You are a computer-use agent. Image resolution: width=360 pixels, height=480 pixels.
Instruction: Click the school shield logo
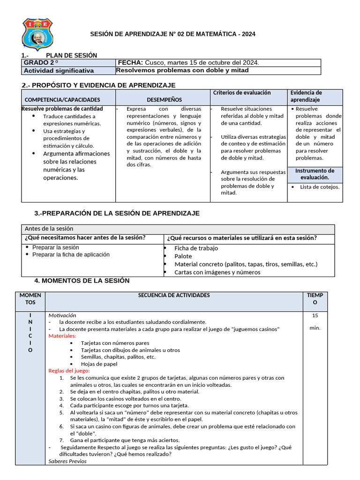click(37, 34)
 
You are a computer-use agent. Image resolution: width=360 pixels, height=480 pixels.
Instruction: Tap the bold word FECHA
click(130, 63)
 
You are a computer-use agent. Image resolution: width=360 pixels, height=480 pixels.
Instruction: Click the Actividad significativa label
click(59, 71)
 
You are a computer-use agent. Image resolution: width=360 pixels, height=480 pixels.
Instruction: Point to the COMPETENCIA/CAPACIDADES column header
click(62, 100)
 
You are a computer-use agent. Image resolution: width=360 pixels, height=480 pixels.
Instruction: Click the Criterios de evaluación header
click(242, 93)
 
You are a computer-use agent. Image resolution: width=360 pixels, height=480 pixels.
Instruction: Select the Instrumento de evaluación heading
click(315, 174)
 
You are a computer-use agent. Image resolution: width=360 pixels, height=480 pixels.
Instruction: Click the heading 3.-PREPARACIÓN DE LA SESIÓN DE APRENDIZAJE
click(117, 213)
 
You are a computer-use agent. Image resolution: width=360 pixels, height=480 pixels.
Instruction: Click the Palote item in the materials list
click(183, 256)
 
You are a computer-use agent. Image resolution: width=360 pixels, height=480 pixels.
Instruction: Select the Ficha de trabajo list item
click(196, 248)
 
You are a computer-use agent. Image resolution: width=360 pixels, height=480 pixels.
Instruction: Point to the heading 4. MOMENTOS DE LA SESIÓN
click(82, 281)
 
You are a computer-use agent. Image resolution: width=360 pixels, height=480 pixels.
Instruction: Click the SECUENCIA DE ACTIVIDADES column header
click(174, 295)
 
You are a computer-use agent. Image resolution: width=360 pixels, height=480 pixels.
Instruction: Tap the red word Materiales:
click(62, 336)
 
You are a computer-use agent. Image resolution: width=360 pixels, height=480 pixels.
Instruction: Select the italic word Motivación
click(62, 315)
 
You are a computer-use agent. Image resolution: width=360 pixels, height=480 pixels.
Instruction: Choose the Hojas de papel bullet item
click(99, 364)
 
